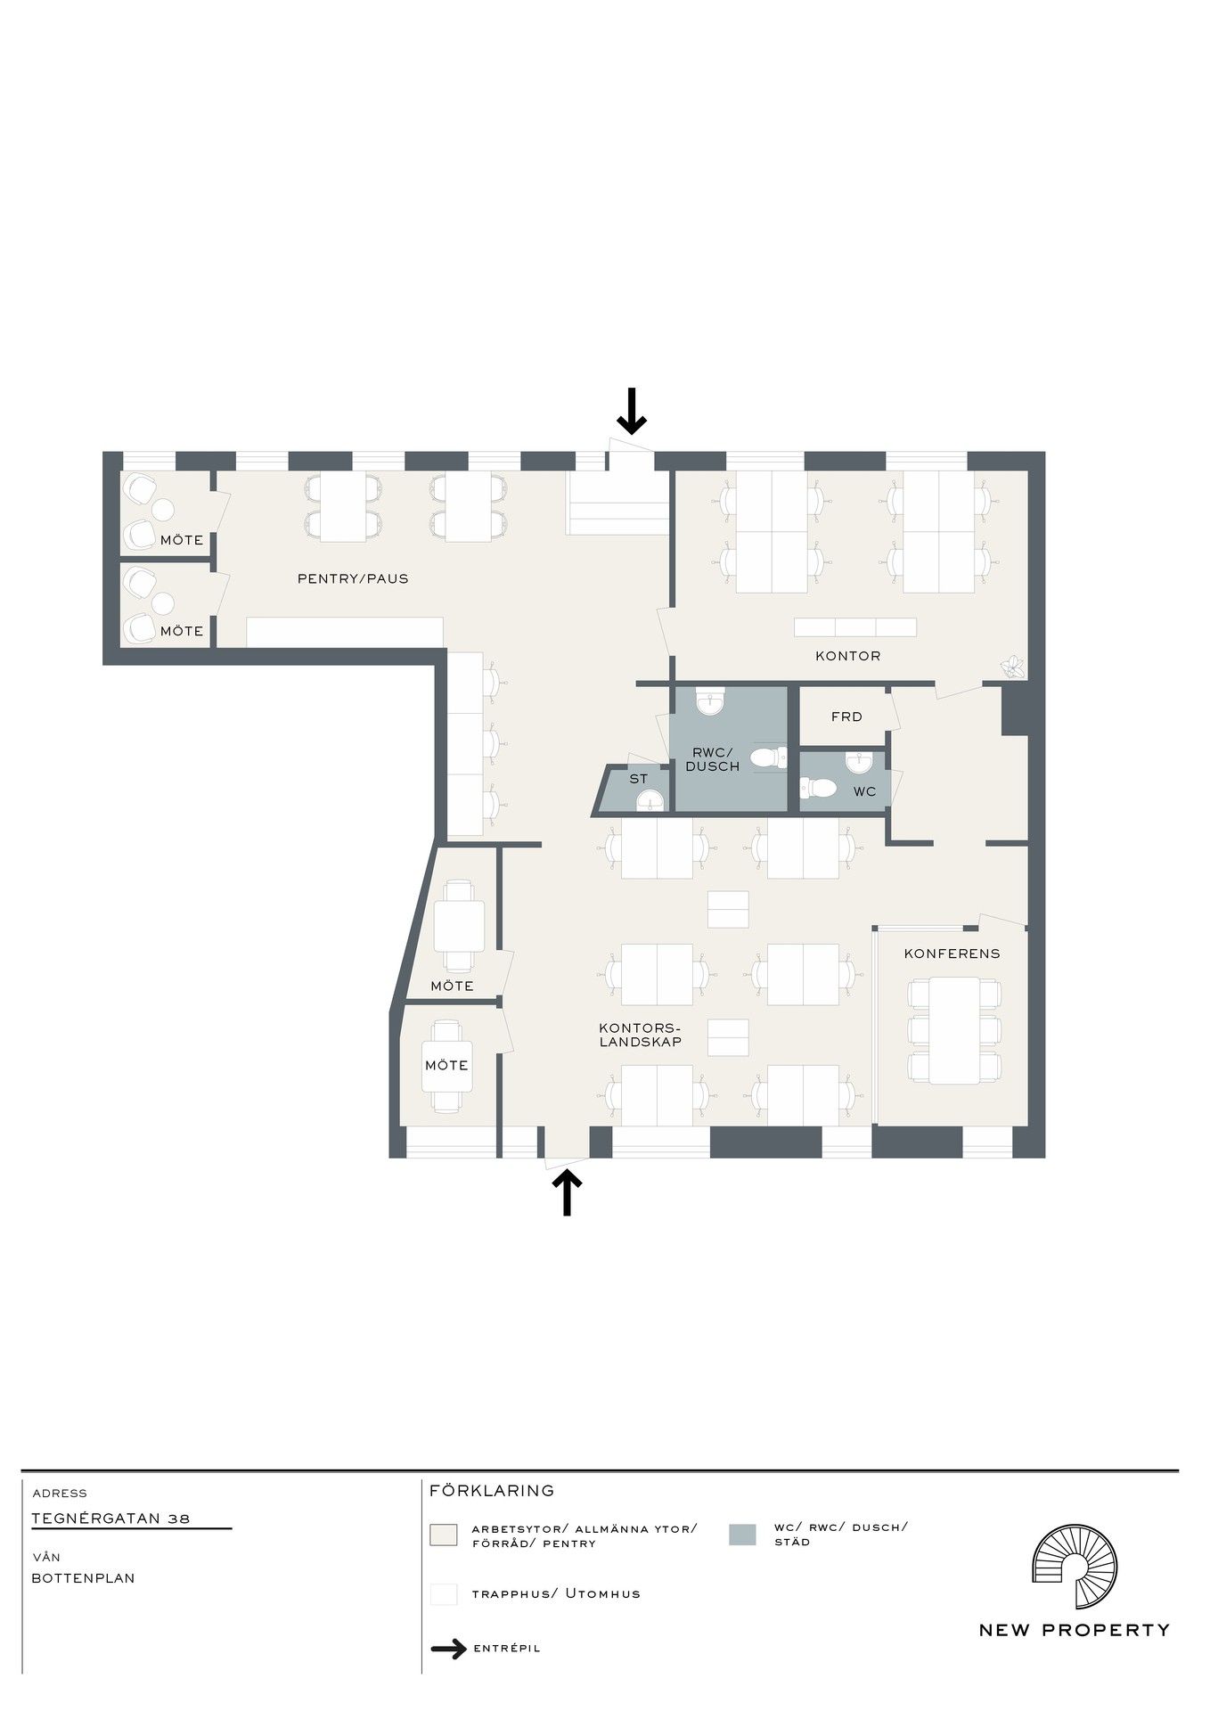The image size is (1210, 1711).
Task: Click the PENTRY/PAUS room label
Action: click(353, 578)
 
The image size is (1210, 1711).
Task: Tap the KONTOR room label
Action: click(847, 656)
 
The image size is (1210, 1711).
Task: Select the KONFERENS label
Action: click(952, 954)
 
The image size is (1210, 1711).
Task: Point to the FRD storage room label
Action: click(846, 716)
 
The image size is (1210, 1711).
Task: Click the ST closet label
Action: click(638, 779)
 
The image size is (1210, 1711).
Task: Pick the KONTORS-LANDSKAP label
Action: click(641, 1034)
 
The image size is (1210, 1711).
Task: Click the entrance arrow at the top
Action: click(632, 411)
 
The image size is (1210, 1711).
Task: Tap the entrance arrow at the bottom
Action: click(567, 1192)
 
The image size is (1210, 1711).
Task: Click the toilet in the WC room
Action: click(818, 788)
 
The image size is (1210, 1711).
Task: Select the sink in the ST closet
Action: click(650, 801)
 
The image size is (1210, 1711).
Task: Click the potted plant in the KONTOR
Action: click(1012, 667)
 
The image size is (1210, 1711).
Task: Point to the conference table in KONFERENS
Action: click(953, 1030)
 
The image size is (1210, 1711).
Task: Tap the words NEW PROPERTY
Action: click(1074, 1631)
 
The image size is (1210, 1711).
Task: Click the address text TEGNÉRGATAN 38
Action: click(111, 1519)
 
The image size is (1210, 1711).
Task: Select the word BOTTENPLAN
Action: click(83, 1578)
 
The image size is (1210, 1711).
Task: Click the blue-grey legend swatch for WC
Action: click(742, 1535)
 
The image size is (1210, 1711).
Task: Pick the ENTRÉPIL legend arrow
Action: click(448, 1649)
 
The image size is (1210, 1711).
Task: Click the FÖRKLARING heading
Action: click(492, 1490)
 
